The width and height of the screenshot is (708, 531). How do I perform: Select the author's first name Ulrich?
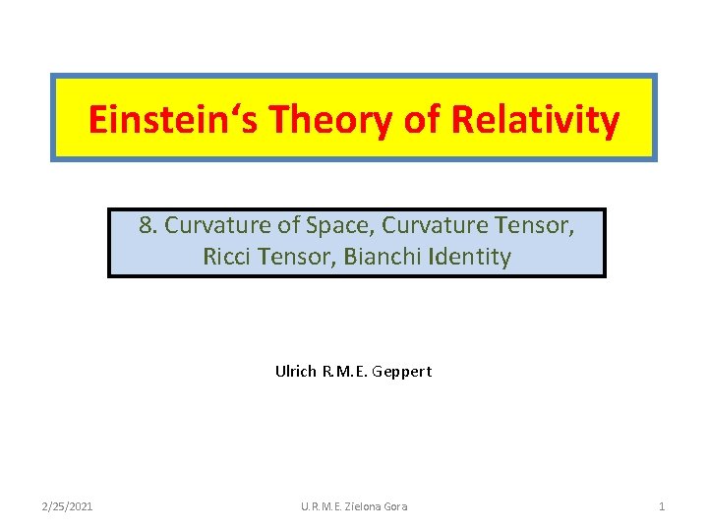point(294,372)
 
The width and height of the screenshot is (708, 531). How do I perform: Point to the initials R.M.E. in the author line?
point(345,372)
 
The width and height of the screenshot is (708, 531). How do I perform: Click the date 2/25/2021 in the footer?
point(68,506)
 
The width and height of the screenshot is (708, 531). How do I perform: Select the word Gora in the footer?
point(394,506)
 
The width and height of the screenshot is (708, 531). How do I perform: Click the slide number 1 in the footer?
point(662,506)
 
